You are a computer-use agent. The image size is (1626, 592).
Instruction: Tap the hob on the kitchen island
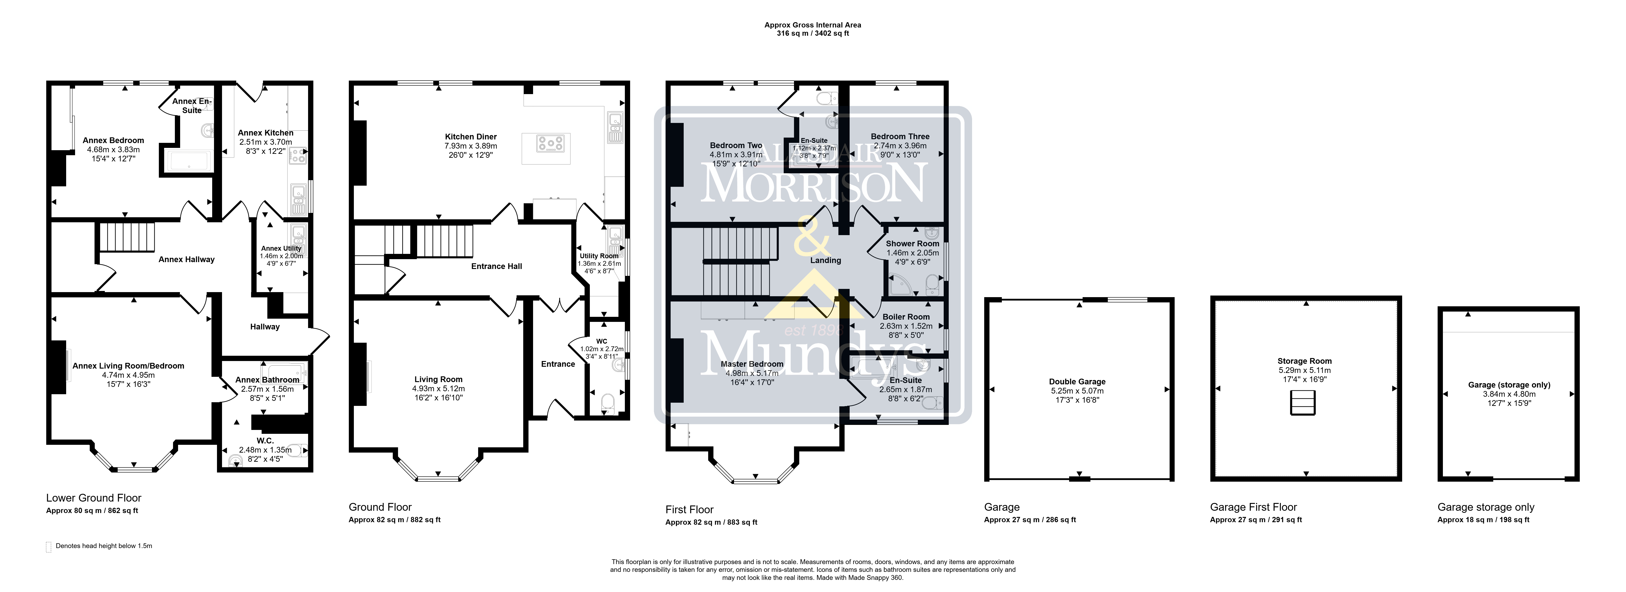pos(550,144)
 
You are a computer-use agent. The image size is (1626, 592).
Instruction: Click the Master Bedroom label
pos(752,364)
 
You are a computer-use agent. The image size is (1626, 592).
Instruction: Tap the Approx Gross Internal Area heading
pos(813,25)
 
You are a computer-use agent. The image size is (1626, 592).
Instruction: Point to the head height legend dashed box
pos(49,547)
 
